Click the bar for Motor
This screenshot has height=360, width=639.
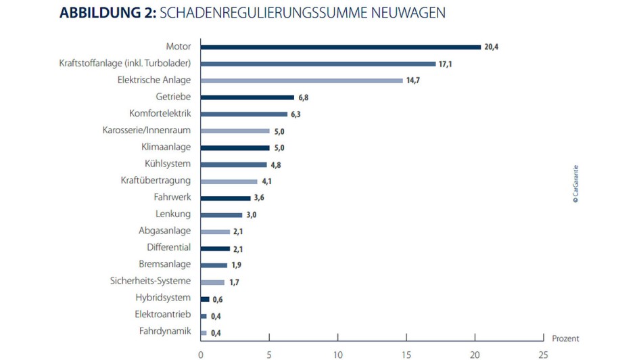340,47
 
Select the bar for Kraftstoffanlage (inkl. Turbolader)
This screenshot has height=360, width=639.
318,64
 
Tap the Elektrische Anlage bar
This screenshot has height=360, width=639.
302,81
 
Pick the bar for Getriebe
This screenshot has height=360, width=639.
247,97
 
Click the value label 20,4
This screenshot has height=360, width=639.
492,47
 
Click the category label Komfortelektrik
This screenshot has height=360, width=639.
160,114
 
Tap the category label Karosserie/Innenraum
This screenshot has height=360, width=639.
147,131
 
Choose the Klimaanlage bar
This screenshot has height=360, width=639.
235,148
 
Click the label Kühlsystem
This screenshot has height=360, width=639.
168,164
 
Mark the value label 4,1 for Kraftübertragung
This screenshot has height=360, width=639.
266,181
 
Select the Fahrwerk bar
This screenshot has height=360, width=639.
225,198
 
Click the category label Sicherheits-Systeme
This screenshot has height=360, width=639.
150,281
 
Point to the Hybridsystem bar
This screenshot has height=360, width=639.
204,298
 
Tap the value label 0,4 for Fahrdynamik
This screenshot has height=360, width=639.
216,332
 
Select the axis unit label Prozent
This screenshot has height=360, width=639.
565,338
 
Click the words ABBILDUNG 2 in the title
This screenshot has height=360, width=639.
106,13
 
